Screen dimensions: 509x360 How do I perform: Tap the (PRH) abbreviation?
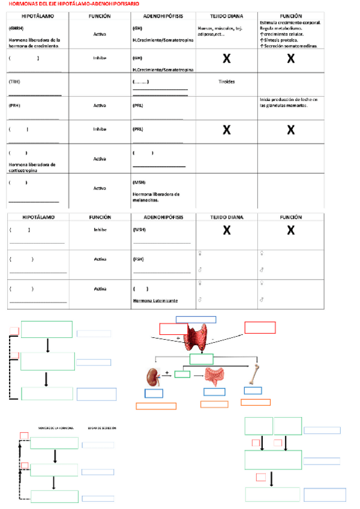tap(14, 105)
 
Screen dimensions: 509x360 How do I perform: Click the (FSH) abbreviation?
tap(138, 259)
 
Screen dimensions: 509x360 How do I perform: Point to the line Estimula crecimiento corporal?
tap(290, 23)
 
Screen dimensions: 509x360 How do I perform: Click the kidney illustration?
tap(152, 377)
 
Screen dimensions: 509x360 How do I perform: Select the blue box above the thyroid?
tap(196, 319)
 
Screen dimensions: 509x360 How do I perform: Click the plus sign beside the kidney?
tap(166, 373)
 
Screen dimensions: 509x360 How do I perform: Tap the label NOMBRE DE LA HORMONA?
tap(55, 428)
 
